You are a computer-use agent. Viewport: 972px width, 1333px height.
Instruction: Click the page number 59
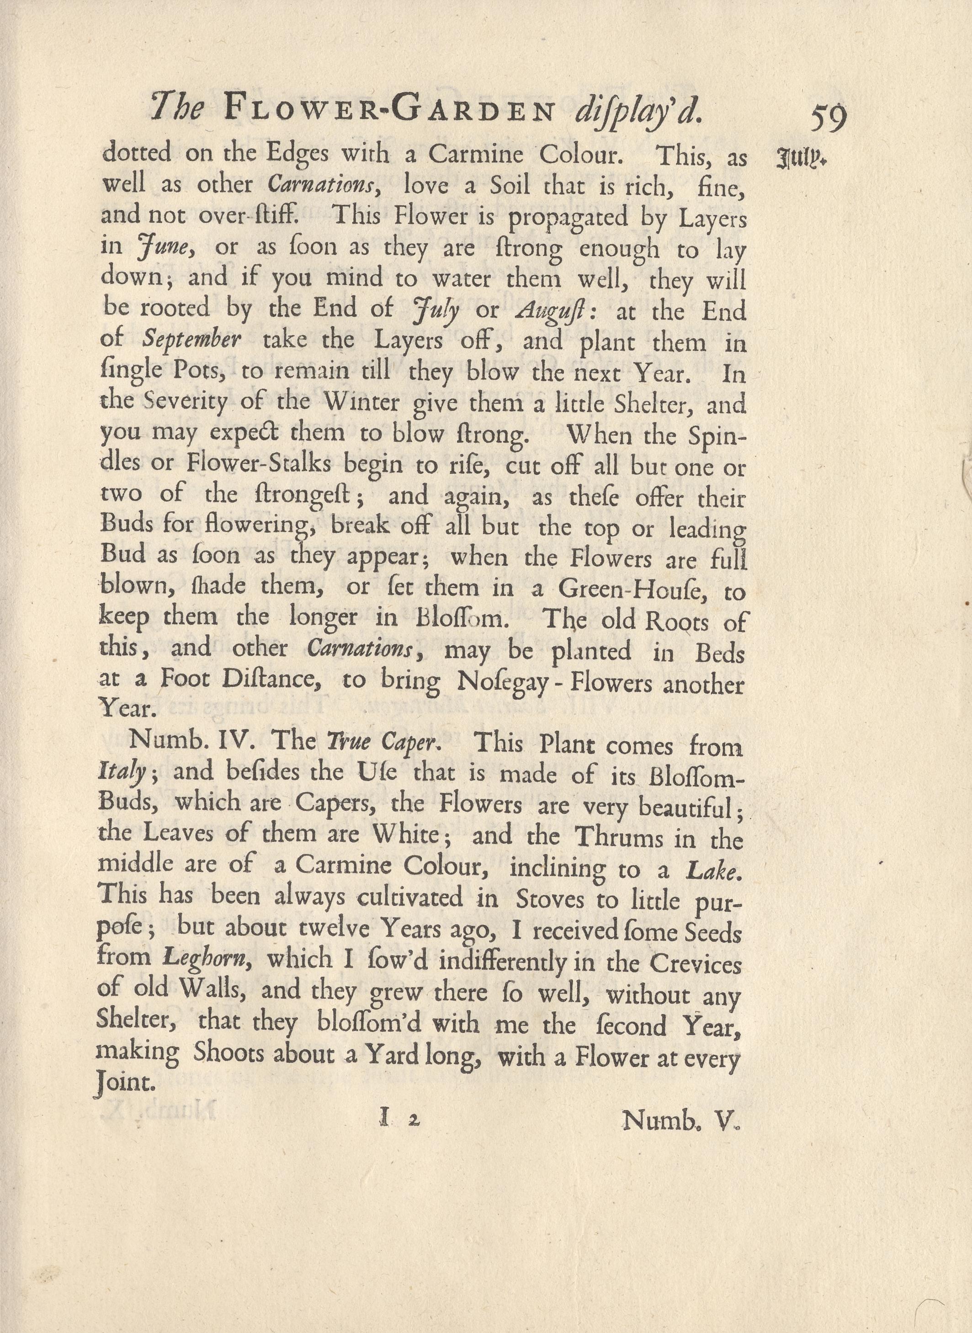829,118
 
